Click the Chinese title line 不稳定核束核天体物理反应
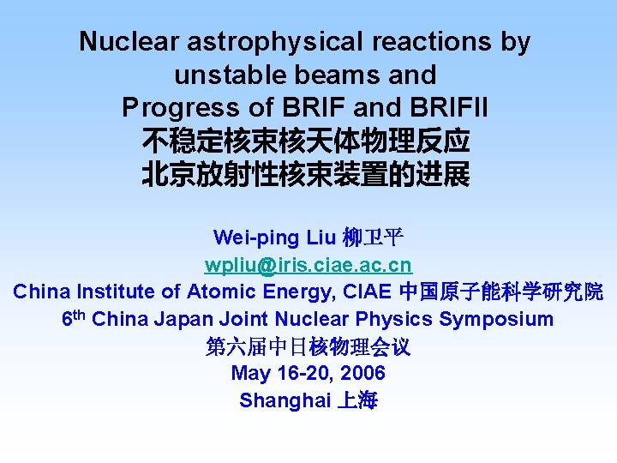pyautogui.click(x=306, y=141)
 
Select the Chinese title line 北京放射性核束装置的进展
pyautogui.click(x=306, y=175)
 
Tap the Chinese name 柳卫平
pyautogui.click(x=373, y=238)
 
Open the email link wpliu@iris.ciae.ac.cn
pyautogui.click(x=308, y=264)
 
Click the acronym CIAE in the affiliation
pyautogui.click(x=367, y=292)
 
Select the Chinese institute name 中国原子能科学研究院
pyautogui.click(x=501, y=292)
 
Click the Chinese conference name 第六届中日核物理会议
pyautogui.click(x=308, y=346)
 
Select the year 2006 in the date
pyautogui.click(x=363, y=373)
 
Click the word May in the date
pyautogui.click(x=249, y=373)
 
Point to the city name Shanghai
pyautogui.click(x=285, y=400)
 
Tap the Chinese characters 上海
pyautogui.click(x=357, y=400)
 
